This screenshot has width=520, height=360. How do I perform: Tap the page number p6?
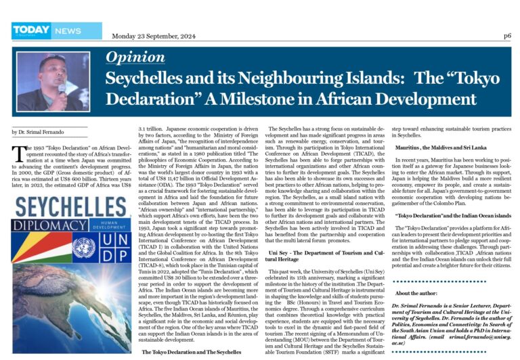[x=507, y=35]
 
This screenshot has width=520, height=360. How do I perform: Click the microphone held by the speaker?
[x=62, y=88]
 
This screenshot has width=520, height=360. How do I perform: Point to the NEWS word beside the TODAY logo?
[x=68, y=30]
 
